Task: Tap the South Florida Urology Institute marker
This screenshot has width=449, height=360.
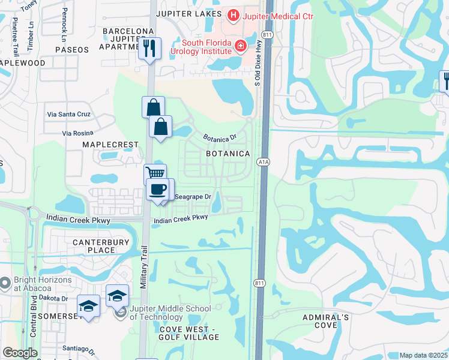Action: click(x=241, y=45)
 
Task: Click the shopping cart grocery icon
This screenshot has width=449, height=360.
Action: click(x=155, y=174)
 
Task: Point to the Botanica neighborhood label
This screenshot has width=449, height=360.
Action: click(x=228, y=154)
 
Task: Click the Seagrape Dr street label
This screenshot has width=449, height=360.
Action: click(x=193, y=197)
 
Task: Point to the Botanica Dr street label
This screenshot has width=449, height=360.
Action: click(x=220, y=137)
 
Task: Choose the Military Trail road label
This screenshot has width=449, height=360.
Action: click(x=144, y=268)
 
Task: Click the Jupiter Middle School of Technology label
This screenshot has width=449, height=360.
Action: click(x=170, y=313)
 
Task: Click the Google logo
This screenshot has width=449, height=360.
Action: click(x=20, y=353)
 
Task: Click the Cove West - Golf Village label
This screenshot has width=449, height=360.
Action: click(x=190, y=333)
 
